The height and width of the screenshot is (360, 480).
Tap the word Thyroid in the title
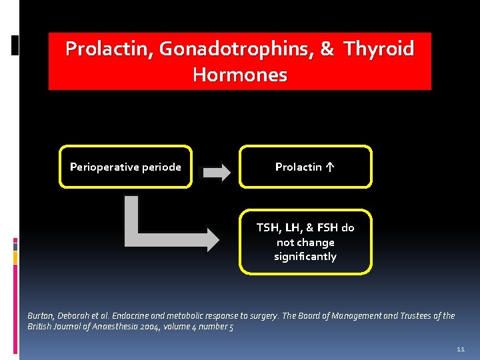pos(379,49)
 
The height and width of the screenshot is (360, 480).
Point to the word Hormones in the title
pos(240,74)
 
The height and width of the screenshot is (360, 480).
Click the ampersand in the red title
pos(327,49)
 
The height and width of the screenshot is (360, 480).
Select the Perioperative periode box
pos(125,167)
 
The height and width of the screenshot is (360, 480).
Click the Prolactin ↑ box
pos(305,167)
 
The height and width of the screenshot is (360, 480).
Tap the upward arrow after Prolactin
pos(331,167)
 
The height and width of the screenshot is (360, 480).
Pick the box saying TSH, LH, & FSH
pos(305,242)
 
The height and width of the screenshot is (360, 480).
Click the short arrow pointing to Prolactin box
pos(216,172)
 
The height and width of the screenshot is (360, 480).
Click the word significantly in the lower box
pos(305,257)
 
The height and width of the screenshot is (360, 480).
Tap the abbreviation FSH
pos(327,227)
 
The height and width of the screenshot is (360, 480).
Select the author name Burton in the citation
pos(41,315)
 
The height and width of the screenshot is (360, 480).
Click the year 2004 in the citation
pos(155,327)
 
